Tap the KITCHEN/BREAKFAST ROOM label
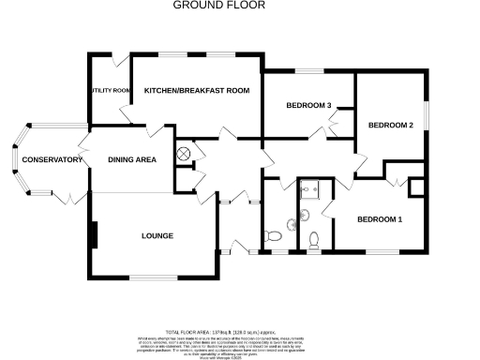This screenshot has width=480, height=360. click(x=197, y=90)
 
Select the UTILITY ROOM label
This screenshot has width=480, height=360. click(x=109, y=91)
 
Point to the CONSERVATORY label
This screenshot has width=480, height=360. click(x=52, y=160)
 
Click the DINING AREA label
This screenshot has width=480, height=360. click(x=132, y=160)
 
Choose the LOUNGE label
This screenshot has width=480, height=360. click(x=157, y=235)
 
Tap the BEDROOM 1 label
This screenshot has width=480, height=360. click(x=380, y=219)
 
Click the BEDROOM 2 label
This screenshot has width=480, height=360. click(x=390, y=125)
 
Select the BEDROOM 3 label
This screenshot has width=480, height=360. click(x=309, y=105)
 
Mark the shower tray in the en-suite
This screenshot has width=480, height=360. click(x=310, y=189)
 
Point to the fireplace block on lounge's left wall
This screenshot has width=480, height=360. click(x=93, y=234)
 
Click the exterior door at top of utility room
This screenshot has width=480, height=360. click(x=118, y=61)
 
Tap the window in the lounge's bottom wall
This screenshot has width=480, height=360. click(x=154, y=277)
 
